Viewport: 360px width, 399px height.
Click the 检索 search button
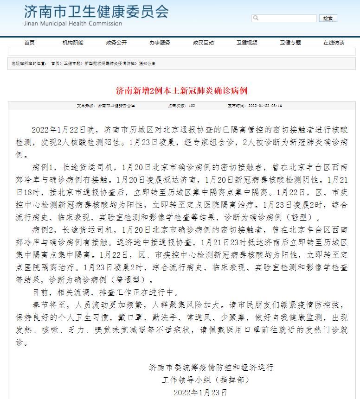point(328,19)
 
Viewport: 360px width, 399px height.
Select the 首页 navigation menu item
point(29,43)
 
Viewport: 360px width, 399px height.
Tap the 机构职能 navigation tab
point(73,43)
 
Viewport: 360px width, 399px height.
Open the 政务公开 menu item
point(116,43)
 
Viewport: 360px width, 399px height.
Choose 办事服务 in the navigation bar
point(160,43)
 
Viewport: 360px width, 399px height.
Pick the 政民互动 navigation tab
point(203,43)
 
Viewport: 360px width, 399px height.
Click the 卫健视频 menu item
point(247,43)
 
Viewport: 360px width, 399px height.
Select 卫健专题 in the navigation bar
point(290,43)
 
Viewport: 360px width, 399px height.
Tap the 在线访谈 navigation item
point(334,43)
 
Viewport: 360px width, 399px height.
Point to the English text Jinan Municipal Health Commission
point(73,24)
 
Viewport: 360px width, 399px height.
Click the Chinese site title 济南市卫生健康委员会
point(96,12)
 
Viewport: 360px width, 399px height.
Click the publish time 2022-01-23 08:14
point(254,106)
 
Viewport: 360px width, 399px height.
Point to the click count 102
point(192,106)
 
